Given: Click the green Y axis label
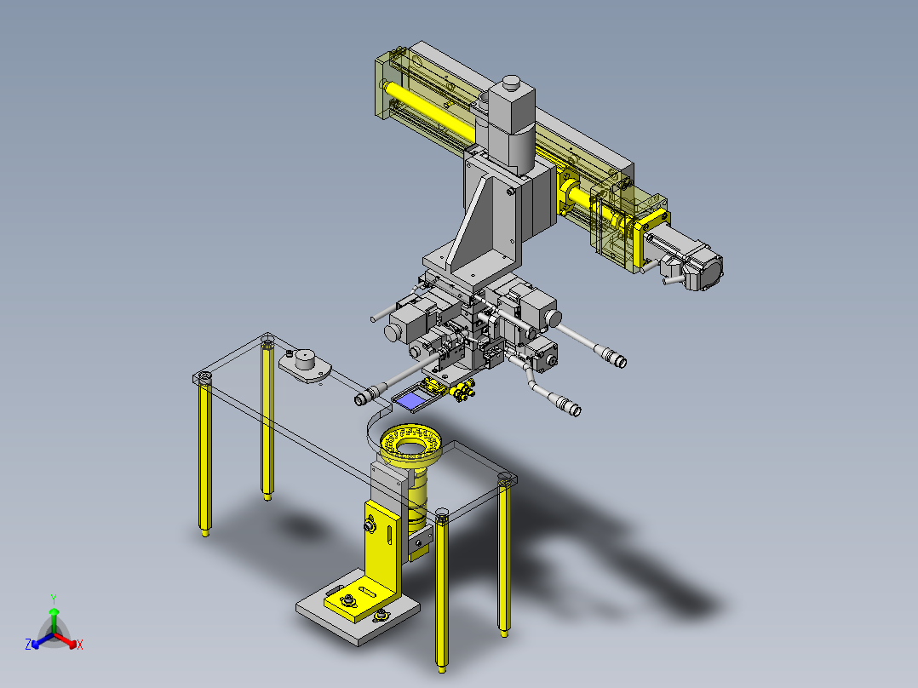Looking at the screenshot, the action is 54,599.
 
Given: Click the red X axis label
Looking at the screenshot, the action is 80,645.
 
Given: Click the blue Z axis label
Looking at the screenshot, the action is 28,644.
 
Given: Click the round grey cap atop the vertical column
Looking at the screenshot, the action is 511,82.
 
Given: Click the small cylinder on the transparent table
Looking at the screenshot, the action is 305,358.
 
